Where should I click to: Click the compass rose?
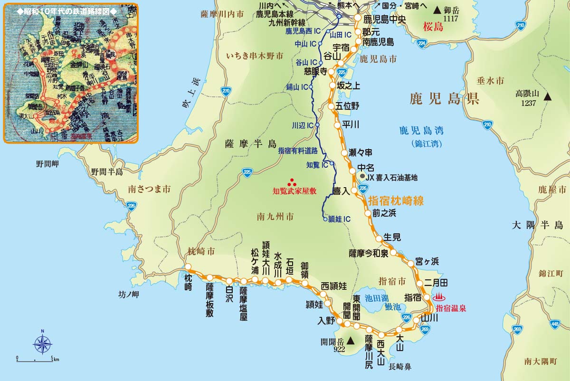[42, 343]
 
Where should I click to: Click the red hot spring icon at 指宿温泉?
[439, 297]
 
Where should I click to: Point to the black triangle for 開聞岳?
[351, 341]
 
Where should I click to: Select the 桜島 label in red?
[433, 27]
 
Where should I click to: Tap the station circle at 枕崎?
[188, 267]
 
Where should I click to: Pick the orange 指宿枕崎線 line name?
[396, 200]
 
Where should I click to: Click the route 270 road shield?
[226, 91]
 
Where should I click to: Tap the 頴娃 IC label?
[340, 219]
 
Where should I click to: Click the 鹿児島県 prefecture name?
[445, 99]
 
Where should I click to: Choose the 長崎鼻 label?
[399, 366]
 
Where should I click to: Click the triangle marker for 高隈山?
[548, 97]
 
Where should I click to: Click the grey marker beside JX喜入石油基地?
[363, 177]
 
